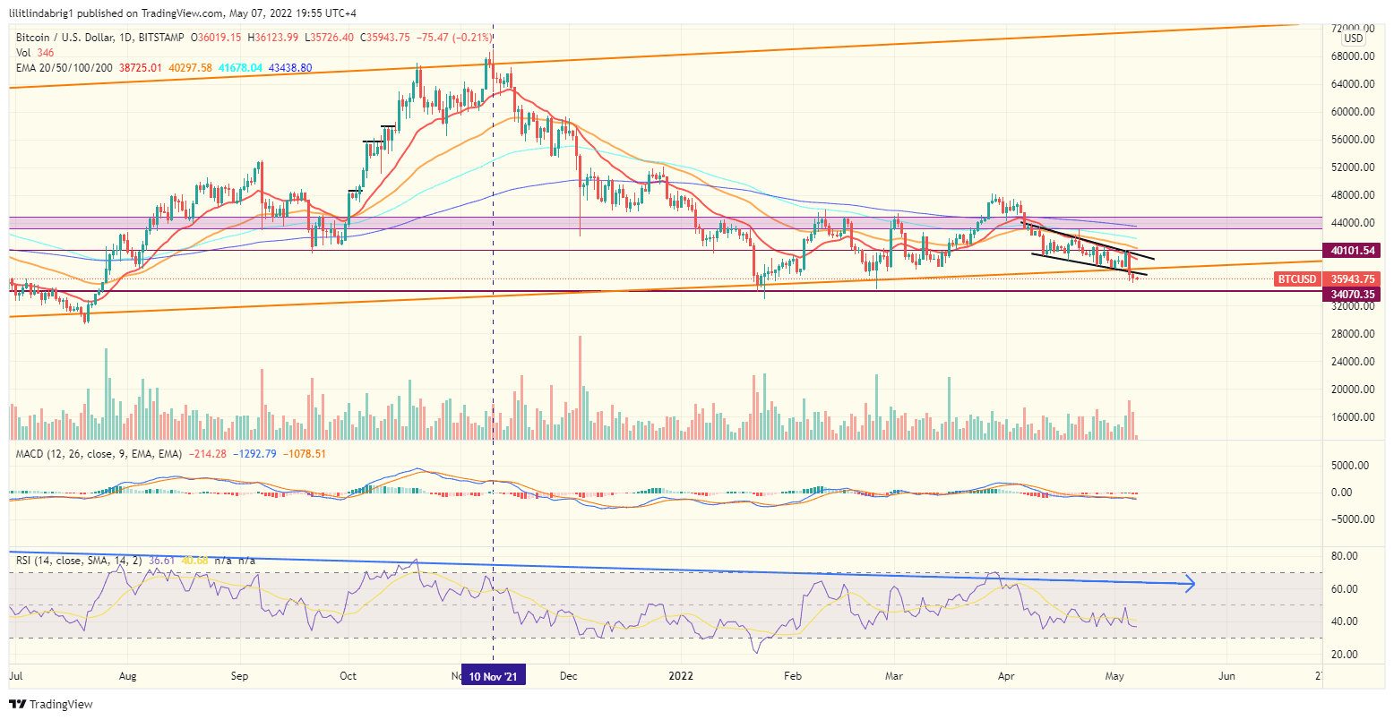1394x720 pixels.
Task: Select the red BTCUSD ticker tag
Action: point(1297,279)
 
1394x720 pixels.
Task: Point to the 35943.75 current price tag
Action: point(1352,279)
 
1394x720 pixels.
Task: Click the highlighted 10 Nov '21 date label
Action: point(494,676)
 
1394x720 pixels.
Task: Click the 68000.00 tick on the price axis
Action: point(1352,56)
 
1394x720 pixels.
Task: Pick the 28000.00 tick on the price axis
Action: point(1352,334)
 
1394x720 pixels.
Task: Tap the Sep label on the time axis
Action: point(238,676)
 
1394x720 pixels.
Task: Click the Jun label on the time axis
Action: point(1226,676)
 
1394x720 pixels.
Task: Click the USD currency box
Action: point(1353,39)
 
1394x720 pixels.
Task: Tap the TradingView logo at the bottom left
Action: point(51,704)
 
